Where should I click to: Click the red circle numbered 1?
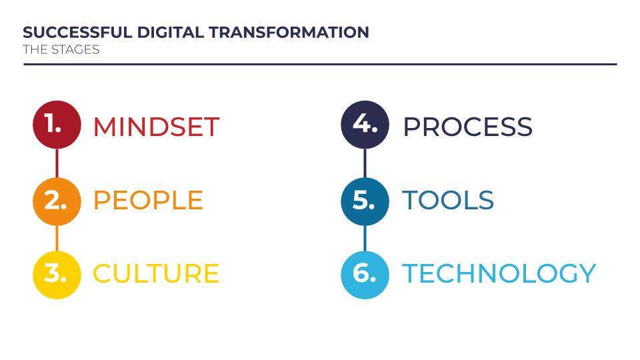[57, 125]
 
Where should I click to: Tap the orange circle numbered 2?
[57, 201]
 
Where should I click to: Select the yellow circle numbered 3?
[57, 275]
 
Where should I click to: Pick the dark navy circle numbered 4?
[365, 125]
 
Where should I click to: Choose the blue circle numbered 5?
[365, 201]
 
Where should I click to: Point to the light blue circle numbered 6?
[365, 275]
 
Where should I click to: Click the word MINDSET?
[156, 127]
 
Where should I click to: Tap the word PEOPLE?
[148, 200]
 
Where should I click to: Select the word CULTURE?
[156, 273]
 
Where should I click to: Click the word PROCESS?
[468, 127]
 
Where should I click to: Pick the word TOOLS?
[448, 200]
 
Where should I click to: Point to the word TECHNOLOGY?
[499, 273]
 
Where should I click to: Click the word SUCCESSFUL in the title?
[77, 32]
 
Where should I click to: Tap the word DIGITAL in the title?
[170, 32]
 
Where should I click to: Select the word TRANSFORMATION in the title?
[289, 32]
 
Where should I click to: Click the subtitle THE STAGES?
[61, 49]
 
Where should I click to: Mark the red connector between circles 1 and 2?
[57, 163]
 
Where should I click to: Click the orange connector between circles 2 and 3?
[57, 238]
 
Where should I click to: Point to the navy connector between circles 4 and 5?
[365, 163]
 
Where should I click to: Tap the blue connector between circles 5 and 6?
[365, 238]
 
